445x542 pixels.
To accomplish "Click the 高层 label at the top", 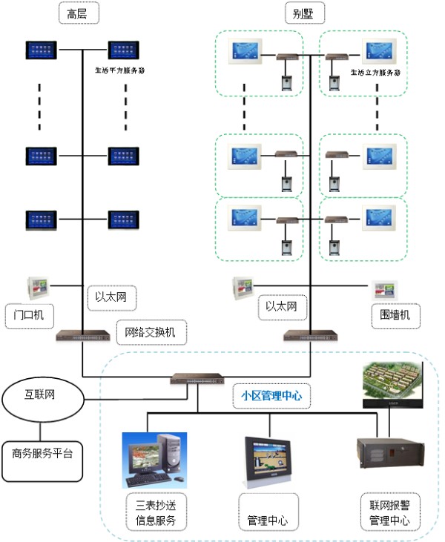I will (x=78, y=13).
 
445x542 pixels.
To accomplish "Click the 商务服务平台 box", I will (x=42, y=452).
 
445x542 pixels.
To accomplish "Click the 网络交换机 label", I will (x=151, y=333).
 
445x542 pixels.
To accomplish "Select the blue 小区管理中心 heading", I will (x=271, y=396).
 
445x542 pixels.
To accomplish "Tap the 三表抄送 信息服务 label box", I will (x=156, y=512).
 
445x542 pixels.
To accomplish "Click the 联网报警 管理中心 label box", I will (x=390, y=512).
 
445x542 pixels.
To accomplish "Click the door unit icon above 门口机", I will (x=34, y=286).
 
